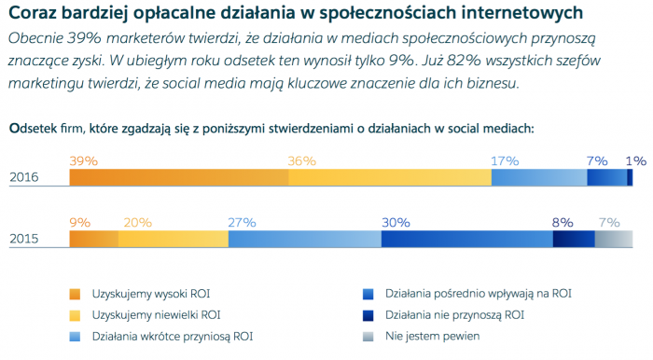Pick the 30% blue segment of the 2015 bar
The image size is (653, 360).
point(466,240)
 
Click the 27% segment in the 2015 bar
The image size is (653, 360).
point(304,240)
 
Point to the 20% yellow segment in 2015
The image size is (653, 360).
point(173,240)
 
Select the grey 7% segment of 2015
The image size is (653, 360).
point(607,240)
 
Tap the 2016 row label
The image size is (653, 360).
point(25,177)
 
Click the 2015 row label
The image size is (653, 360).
point(25,240)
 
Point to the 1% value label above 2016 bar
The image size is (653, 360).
point(635,160)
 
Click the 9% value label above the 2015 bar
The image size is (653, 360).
point(80,222)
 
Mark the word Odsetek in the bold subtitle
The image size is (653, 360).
point(35,128)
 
